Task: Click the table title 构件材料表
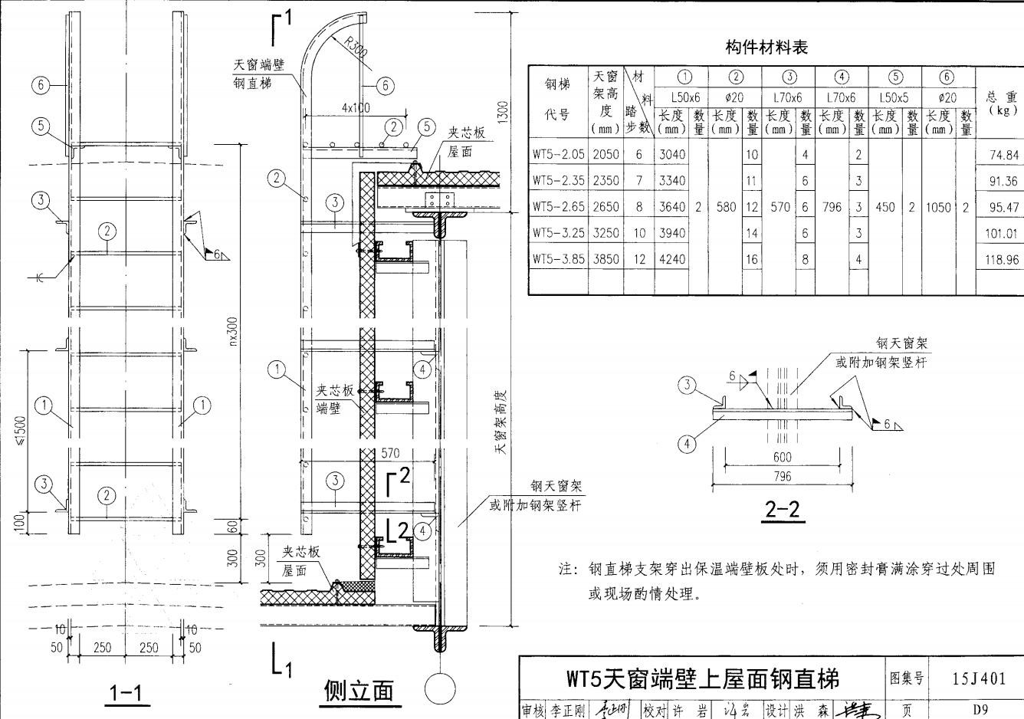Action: tap(766, 48)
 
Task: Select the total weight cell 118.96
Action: tap(1002, 260)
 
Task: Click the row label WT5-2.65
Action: tap(559, 207)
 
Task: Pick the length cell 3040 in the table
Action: tap(671, 155)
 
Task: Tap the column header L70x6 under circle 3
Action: tap(787, 98)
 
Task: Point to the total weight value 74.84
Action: tap(1003, 155)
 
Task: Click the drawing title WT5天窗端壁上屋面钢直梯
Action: tap(702, 678)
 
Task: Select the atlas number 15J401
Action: tap(980, 678)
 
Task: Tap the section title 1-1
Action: tap(126, 694)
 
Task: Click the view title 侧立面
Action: tap(359, 691)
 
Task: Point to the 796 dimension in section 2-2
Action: tap(782, 477)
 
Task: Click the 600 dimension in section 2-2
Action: tap(782, 458)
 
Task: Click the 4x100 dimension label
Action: tap(355, 107)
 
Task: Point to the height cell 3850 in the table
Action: tap(606, 259)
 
